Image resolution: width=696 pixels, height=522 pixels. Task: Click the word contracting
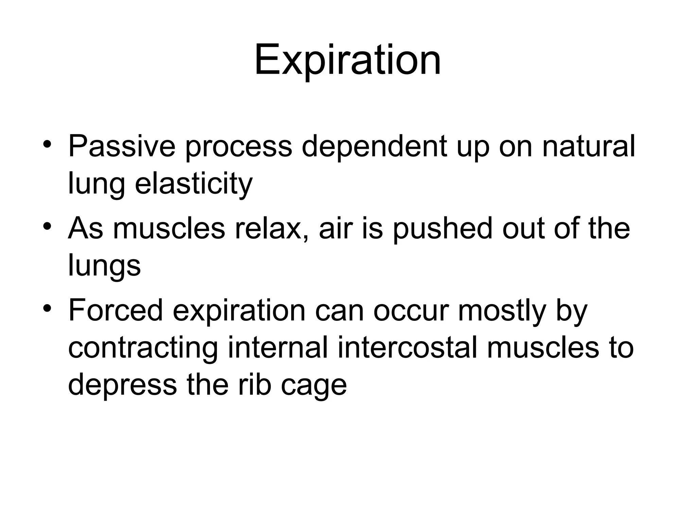[143, 348]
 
